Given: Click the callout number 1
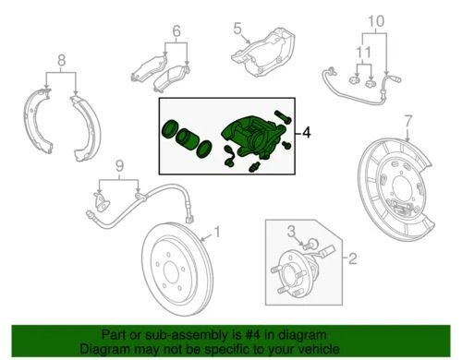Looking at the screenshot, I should [x=217, y=232].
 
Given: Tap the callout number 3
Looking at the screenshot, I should [x=288, y=230].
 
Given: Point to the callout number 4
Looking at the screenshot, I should [x=308, y=132].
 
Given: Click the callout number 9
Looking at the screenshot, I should [x=117, y=165].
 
